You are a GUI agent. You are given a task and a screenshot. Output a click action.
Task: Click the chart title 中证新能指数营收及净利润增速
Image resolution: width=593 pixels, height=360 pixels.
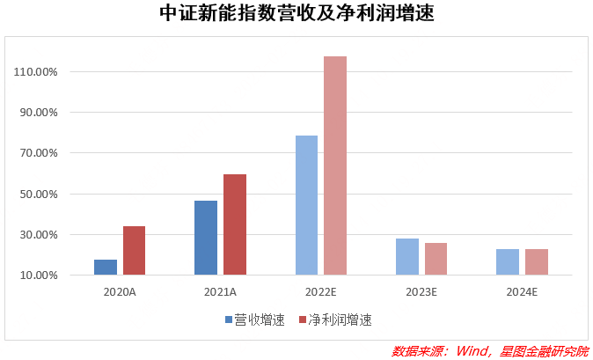tap(296, 15)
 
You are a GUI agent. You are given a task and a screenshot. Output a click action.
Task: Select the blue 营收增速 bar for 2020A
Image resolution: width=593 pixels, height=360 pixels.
tap(106, 268)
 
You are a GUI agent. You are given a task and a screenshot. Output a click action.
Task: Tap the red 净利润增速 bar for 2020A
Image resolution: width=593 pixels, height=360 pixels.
tap(134, 251)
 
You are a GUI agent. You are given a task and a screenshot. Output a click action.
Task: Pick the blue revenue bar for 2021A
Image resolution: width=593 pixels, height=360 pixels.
tap(206, 238)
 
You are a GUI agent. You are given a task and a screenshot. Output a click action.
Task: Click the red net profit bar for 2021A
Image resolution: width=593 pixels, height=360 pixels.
tap(234, 224)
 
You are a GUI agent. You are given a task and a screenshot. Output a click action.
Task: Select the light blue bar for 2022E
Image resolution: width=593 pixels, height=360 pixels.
tap(306, 205)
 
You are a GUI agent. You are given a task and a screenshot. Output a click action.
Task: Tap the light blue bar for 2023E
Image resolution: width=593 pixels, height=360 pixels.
tap(407, 257)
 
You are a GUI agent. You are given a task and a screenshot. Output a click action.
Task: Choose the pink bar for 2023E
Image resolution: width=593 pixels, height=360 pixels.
tap(436, 259)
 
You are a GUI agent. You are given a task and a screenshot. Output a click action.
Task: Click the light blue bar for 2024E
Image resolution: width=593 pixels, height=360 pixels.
tap(508, 262)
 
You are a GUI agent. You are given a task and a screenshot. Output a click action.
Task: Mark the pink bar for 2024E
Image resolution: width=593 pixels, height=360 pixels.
tap(537, 262)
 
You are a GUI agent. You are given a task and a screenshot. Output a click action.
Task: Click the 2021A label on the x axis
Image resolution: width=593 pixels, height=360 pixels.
tap(220, 291)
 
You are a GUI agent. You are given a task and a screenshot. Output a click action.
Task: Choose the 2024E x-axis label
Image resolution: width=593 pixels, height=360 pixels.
tap(522, 291)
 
